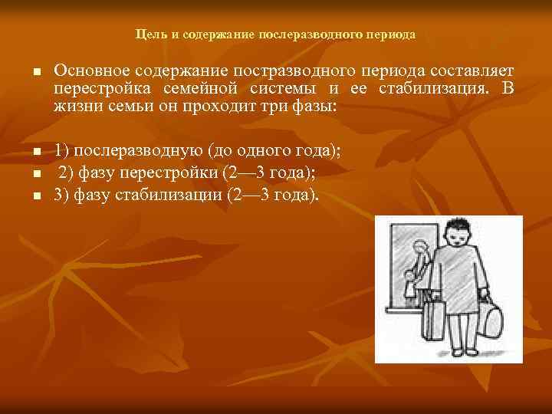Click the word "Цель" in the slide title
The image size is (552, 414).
click(146, 35)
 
